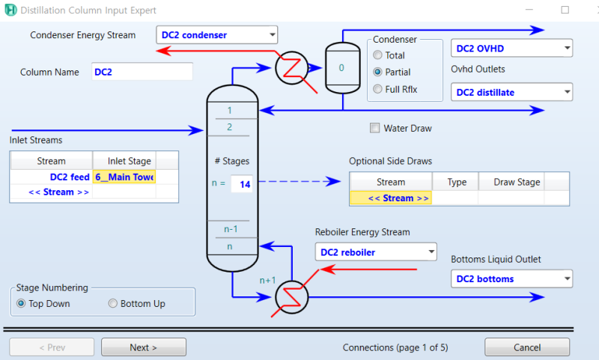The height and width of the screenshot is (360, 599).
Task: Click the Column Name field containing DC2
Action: (x=142, y=72)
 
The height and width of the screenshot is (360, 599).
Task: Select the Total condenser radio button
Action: (x=378, y=55)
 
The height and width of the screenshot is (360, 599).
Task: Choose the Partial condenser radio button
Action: (x=378, y=73)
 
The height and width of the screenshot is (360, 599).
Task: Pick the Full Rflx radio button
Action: (x=378, y=90)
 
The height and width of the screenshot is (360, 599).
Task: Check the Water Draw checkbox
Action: (x=375, y=128)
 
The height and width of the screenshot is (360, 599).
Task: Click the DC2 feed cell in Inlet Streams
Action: (x=51, y=177)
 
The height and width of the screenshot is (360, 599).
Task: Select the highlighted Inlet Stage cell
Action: (x=124, y=177)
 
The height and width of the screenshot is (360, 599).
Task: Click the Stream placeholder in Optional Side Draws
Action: (x=390, y=198)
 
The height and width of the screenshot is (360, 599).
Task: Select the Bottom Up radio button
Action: (x=114, y=304)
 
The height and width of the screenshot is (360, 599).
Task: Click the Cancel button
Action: (x=526, y=347)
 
